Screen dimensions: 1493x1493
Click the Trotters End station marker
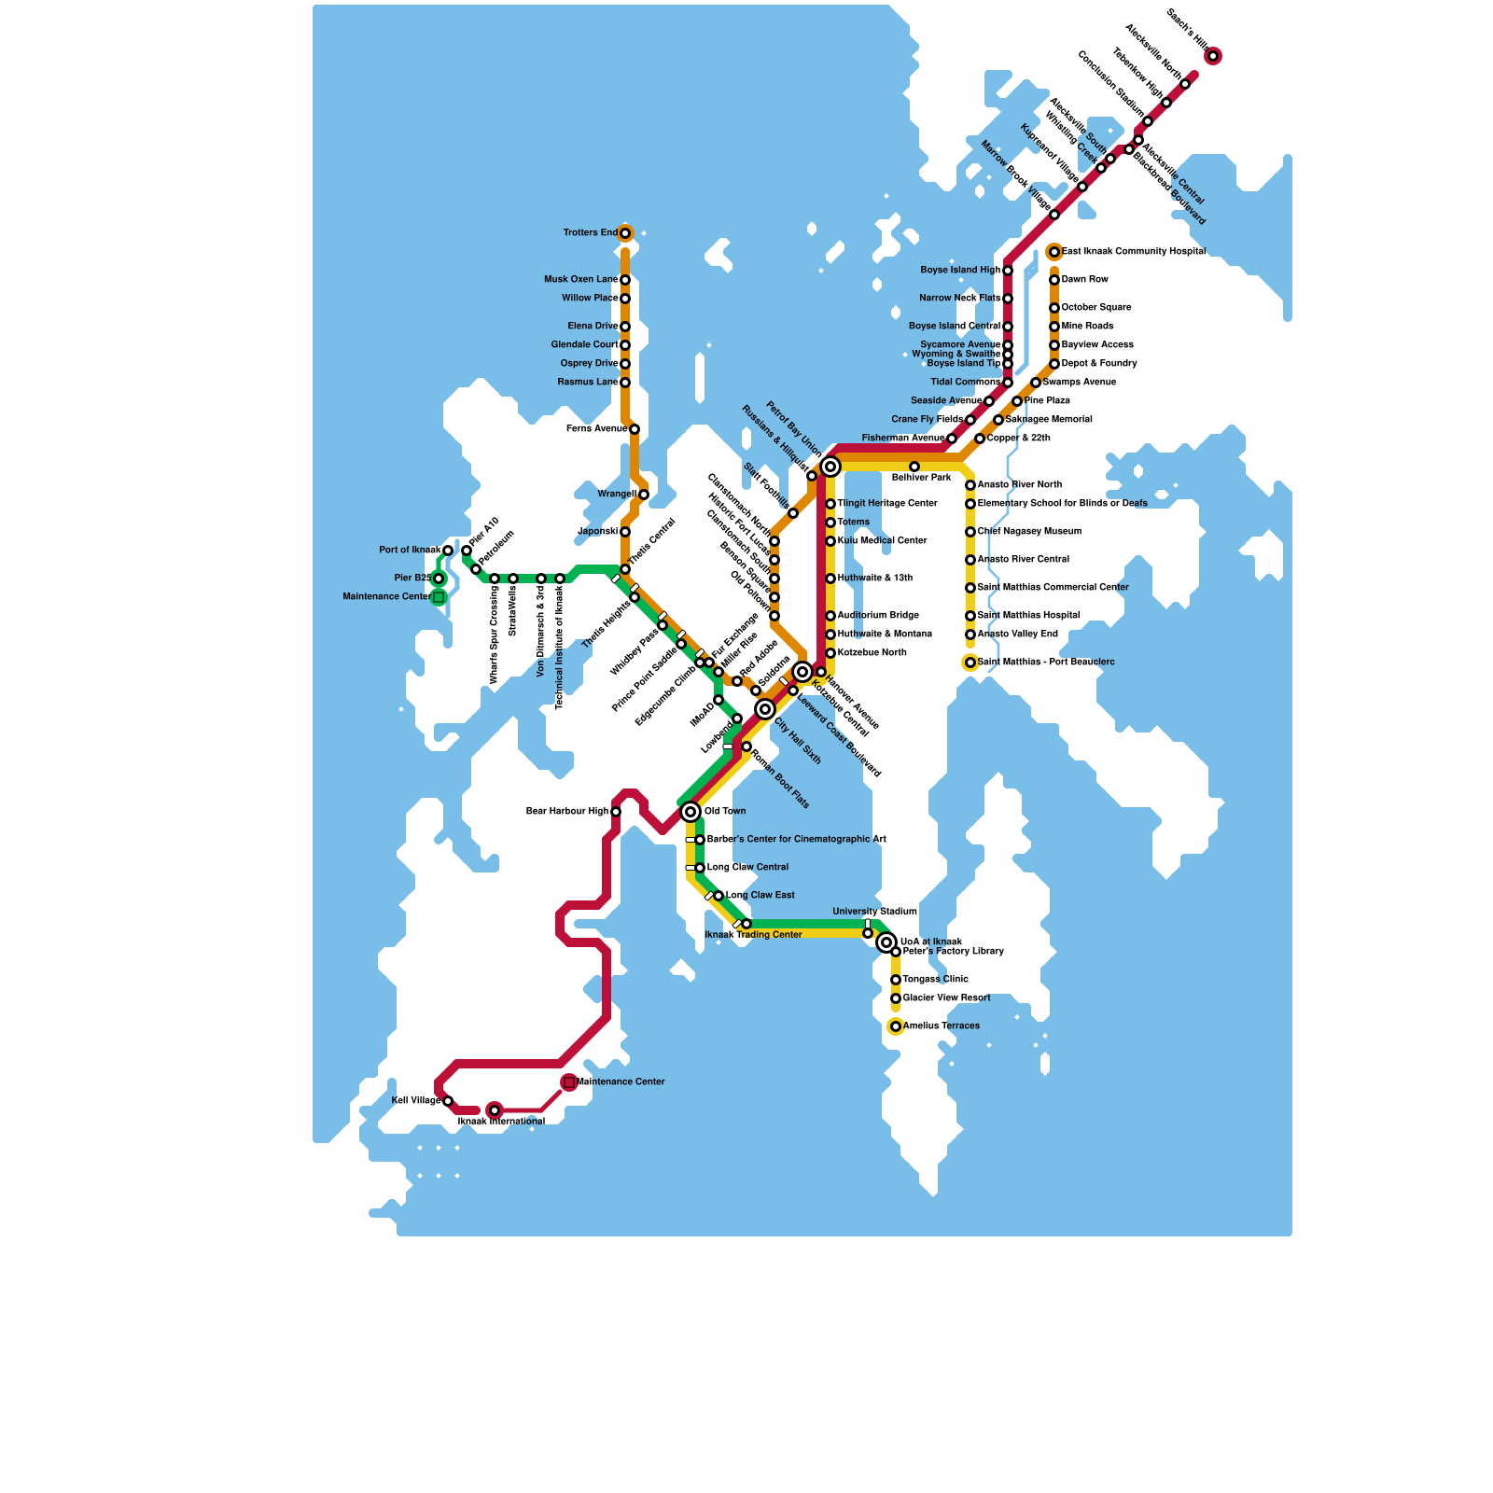[625, 233]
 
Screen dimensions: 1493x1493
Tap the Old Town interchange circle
[691, 812]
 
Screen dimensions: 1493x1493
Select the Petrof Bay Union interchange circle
[830, 467]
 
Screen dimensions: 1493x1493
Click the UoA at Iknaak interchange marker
[886, 942]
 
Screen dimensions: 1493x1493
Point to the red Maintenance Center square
[569, 1082]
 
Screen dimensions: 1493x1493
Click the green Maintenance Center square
[439, 597]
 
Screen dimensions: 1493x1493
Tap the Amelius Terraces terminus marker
[896, 1026]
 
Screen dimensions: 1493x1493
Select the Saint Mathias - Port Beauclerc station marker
[970, 663]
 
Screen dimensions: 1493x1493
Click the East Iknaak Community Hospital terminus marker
[1054, 252]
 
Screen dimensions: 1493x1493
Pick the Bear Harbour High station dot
[616, 812]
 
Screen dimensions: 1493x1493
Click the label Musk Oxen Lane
[580, 280]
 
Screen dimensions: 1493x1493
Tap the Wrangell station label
[617, 495]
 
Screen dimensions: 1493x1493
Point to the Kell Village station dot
[448, 1101]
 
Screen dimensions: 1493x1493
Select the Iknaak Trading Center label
[753, 935]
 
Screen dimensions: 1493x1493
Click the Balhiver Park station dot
[914, 467]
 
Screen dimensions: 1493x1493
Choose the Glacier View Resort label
[946, 998]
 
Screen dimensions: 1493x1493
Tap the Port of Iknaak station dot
[448, 551]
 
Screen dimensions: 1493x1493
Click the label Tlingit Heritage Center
[887, 504]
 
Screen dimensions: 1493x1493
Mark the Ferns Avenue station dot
[635, 429]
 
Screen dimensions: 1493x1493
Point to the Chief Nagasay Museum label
[1029, 532]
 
